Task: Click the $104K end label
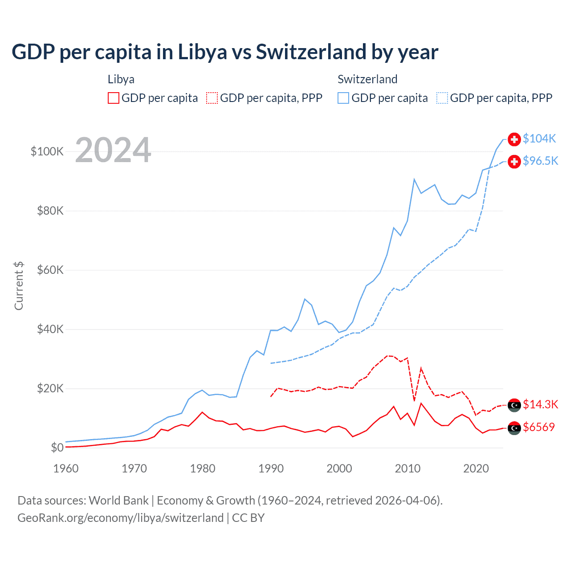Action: (539, 138)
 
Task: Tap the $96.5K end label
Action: (540, 161)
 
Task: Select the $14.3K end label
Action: (540, 404)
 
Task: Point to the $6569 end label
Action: (539, 427)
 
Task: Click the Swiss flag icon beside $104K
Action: (514, 139)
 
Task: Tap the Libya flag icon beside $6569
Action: (514, 428)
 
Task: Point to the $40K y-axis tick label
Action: (50, 329)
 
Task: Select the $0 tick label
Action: (57, 448)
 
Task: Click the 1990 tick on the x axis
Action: (271, 468)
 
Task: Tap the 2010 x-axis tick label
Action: (407, 468)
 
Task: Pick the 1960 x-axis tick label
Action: (66, 468)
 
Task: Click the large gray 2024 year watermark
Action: (113, 150)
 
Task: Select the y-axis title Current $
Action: (19, 286)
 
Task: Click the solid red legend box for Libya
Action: (114, 98)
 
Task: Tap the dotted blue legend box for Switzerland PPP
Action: (442, 98)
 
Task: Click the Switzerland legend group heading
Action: (367, 79)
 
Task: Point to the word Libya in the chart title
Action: (202, 52)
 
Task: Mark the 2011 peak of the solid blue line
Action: (414, 179)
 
